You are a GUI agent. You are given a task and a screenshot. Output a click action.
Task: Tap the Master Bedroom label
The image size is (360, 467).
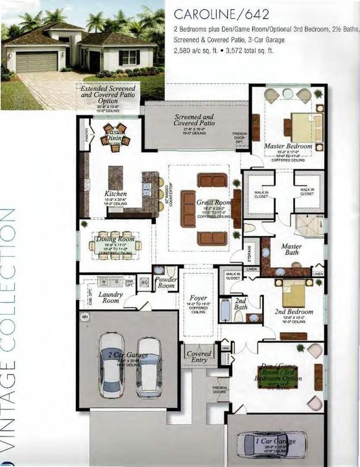click(288, 147)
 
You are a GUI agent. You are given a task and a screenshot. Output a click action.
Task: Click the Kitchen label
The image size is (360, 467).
click(115, 193)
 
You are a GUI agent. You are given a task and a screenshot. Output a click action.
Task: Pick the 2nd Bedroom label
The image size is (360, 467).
click(294, 312)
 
